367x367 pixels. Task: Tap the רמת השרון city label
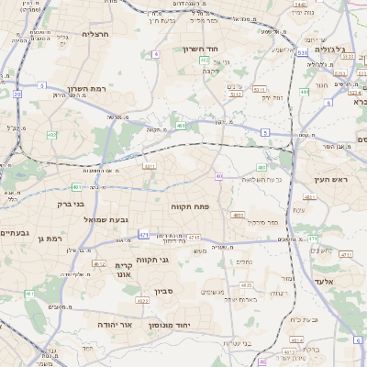(87, 88)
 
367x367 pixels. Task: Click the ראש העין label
(332, 180)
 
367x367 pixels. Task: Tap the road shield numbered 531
(303, 54)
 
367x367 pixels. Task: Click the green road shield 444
(304, 92)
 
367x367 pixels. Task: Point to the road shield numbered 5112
(235, 94)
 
